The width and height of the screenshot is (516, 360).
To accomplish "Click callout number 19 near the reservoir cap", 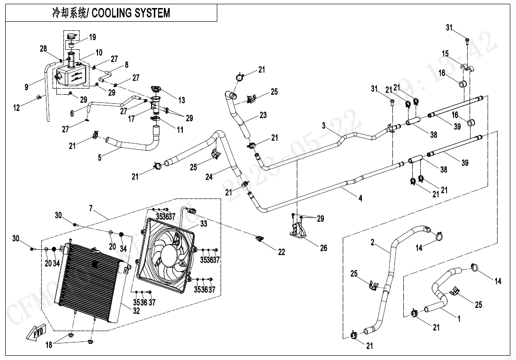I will pos(92,37).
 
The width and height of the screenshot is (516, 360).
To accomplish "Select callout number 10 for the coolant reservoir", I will pos(99,53).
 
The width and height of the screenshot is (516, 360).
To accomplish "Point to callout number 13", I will pos(181,100).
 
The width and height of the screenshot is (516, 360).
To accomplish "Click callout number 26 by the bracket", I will pos(323,248).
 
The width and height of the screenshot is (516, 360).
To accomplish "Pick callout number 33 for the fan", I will pos(204,224).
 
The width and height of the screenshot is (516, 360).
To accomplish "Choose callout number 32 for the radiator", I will pos(136,311).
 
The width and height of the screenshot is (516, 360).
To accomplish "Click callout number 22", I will pos(282,252).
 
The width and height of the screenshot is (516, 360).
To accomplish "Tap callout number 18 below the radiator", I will pos(49,345).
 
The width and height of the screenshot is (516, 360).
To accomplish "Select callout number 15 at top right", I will pos(445,54).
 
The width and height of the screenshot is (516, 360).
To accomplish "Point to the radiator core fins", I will pos(90,284).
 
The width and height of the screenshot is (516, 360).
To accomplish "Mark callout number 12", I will pos(17,108).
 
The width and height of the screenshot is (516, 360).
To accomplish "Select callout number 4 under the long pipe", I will pos(360,198).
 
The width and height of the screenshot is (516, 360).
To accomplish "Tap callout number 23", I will pos(263,115).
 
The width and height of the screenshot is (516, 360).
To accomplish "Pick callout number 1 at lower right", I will pos(459,319).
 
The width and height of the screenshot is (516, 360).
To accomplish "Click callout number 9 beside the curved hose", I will pos(27,87).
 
